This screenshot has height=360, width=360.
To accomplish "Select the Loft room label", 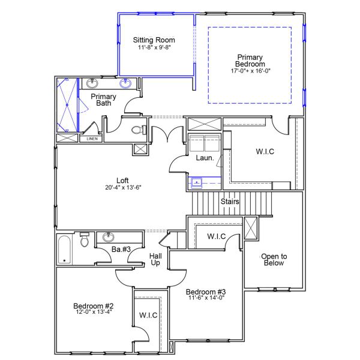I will click(123, 179).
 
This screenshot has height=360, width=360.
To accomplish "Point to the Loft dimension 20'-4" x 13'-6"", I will click(123, 187).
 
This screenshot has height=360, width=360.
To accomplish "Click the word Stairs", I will click(230, 202).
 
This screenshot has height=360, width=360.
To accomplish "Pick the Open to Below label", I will click(274, 260).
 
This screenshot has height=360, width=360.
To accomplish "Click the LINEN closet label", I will click(91, 139).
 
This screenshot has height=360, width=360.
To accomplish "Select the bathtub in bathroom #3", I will click(65, 250).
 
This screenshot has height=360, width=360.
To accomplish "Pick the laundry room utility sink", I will click(197, 182).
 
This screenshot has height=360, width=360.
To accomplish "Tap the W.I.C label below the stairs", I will click(216, 236).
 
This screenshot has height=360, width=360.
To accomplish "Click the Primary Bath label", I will click(103, 100).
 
